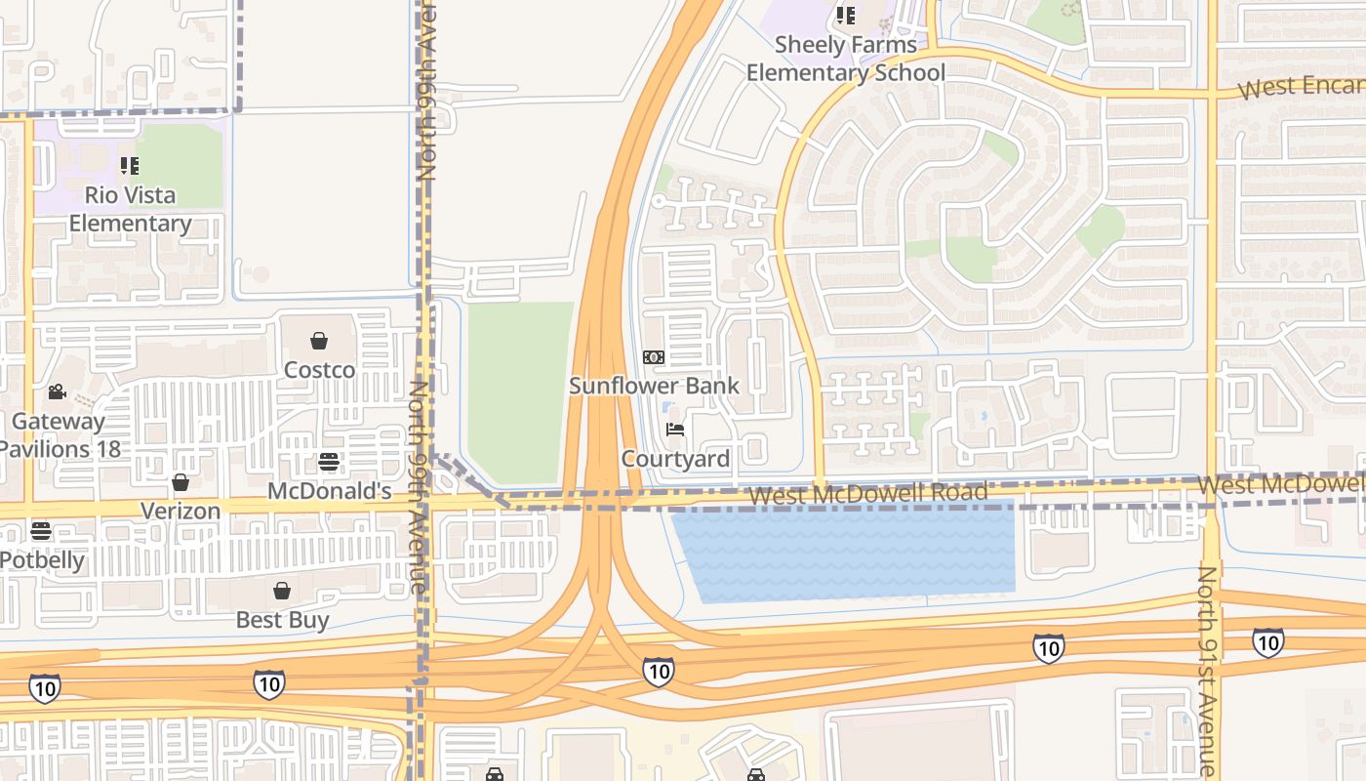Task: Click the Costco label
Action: pos(319,370)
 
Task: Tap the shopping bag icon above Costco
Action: pos(318,341)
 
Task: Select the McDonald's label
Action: pos(329,491)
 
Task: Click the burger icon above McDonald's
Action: pos(330,462)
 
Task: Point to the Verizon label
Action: pos(181,511)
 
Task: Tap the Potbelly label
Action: pos(42,560)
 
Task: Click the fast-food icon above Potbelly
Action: pos(41,531)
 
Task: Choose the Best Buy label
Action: pos(282,620)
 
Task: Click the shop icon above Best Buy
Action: pos(282,591)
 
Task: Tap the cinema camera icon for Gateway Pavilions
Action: pos(58,392)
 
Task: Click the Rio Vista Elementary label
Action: pos(130,209)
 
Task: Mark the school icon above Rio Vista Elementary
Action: pos(129,166)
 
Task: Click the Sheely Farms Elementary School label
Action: pos(846,59)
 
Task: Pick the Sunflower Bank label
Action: pos(654,386)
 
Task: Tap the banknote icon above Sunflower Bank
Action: pos(654,357)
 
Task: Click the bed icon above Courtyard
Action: pos(674,430)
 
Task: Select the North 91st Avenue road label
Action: pos(1208,672)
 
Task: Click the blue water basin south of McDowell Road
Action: pos(844,552)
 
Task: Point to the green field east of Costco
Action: pos(519,390)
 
